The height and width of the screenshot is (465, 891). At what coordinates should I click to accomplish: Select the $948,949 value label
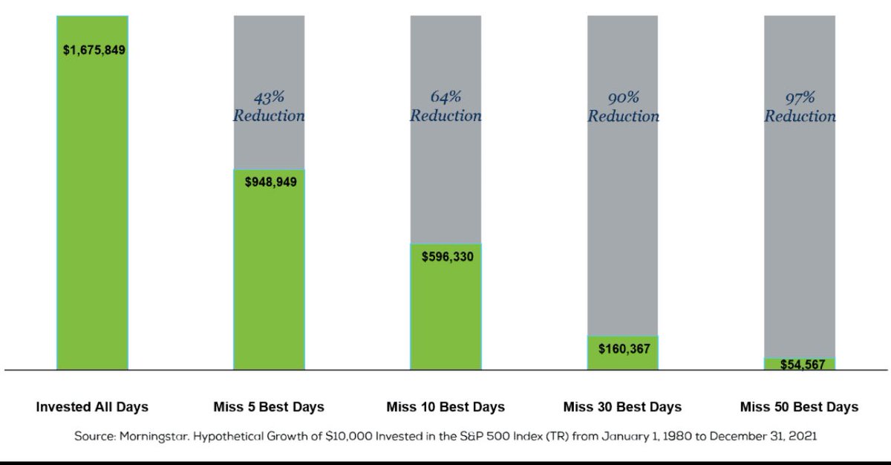click(270, 181)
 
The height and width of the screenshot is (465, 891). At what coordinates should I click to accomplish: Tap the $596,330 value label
click(446, 256)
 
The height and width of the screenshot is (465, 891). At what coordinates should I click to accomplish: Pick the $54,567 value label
click(800, 365)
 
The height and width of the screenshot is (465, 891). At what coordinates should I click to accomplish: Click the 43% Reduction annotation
click(269, 106)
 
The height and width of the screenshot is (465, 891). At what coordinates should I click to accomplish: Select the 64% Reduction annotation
click(446, 106)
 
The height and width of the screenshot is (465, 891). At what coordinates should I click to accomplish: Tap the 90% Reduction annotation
click(623, 106)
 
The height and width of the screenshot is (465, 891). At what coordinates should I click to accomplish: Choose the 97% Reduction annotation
click(800, 106)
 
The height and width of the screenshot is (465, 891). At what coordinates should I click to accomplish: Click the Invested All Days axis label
click(92, 407)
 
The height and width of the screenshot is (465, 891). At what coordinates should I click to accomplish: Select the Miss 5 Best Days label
click(269, 407)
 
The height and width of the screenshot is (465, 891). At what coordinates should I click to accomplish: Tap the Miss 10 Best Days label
click(446, 407)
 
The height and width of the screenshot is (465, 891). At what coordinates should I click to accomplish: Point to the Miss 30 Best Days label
click(622, 407)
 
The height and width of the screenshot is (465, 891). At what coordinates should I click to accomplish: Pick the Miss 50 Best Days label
click(799, 407)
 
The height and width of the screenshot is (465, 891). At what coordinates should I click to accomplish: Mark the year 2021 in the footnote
click(802, 437)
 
